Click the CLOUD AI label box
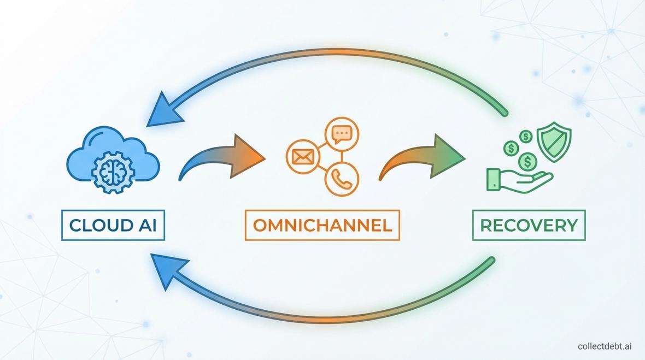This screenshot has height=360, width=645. point(114,225)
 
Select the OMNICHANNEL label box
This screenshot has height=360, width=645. point(322,225)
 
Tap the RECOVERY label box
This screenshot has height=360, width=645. point(529,225)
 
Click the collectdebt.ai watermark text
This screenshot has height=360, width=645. point(608,346)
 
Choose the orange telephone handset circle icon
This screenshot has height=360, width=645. point(341,179)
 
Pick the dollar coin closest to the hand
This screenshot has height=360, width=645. point(527,161)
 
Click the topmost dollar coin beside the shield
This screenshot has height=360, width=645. point(526,135)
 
